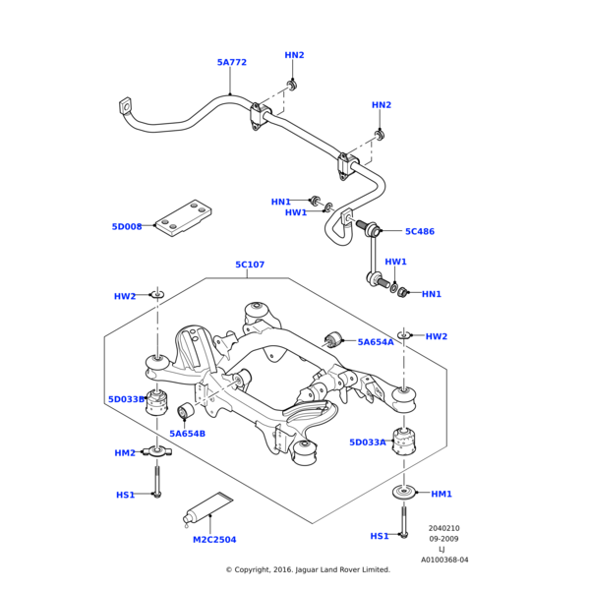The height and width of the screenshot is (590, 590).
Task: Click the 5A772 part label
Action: coord(232,63)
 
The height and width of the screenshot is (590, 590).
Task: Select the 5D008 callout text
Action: coord(127,227)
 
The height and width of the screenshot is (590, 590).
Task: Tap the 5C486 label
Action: coord(420,232)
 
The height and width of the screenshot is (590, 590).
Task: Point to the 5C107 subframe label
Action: coord(250,265)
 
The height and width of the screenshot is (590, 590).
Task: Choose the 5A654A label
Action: coord(376,342)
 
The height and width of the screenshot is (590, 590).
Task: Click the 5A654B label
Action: coord(187,434)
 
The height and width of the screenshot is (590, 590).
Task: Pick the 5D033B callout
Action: coord(127,399)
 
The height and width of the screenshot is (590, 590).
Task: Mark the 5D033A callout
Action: coord(368,442)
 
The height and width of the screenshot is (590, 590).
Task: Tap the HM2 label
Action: coord(125,453)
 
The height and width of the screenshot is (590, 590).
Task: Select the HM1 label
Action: coord(442,494)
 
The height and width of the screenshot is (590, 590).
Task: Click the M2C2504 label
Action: coord(214,540)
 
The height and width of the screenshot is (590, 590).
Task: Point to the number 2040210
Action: coord(443,528)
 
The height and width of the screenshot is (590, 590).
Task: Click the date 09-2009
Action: coord(443,539)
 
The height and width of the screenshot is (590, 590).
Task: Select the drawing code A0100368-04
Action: coord(444,560)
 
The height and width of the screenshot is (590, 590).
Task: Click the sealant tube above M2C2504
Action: coord(207,509)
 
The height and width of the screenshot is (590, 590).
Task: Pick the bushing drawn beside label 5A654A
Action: coord(332,340)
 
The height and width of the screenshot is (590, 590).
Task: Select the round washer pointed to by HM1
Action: coord(403,492)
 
